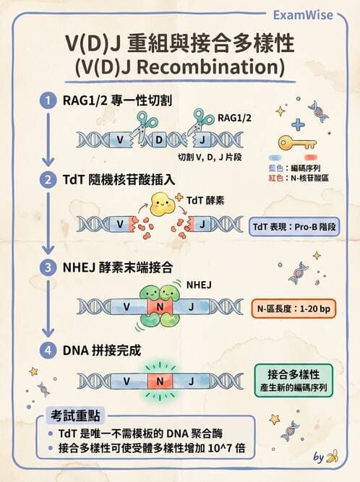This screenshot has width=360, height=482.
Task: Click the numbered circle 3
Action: pos(48,267)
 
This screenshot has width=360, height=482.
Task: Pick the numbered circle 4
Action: pos(48,352)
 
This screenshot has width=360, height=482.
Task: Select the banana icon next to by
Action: pos(333,457)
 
